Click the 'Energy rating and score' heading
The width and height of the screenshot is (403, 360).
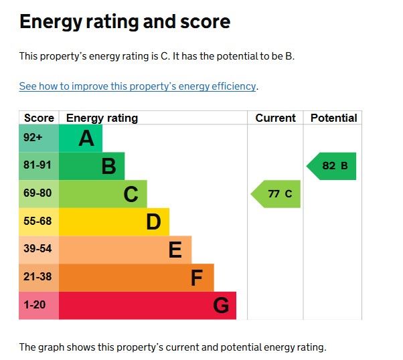[125, 22]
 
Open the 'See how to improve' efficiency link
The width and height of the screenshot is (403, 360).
[138, 86]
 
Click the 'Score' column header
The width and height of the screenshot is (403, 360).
[39, 118]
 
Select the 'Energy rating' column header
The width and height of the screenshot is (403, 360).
[102, 118]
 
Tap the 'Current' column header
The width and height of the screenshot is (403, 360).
[275, 118]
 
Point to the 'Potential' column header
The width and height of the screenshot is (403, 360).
[333, 118]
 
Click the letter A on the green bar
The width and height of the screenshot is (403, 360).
[86, 139]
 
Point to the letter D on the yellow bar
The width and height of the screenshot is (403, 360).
[153, 222]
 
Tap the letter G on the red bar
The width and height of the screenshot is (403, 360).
[221, 306]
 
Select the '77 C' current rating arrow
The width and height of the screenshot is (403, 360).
[277, 194]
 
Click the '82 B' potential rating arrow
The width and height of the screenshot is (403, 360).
[333, 166]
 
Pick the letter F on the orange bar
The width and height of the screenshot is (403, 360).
[197, 278]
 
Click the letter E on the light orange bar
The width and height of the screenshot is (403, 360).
[175, 250]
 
